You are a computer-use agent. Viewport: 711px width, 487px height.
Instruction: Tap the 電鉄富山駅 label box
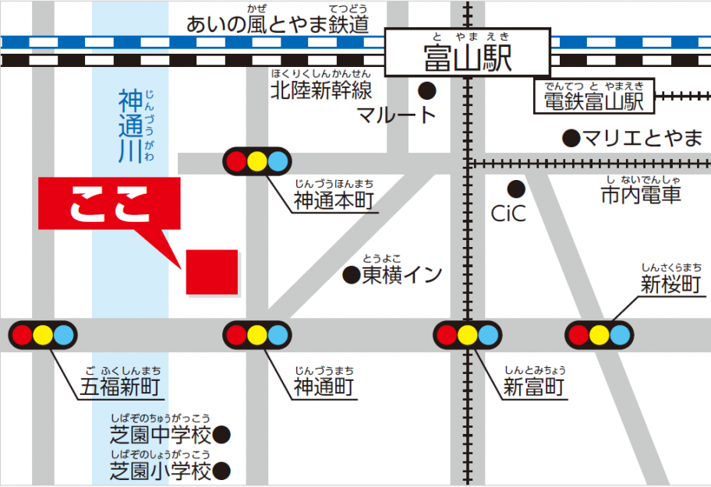(x=594, y=99)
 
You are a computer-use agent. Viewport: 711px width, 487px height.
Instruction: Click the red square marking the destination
(x=211, y=272)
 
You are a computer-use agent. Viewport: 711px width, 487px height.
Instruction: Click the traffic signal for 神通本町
(x=257, y=161)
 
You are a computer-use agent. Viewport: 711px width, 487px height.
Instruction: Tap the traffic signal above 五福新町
(x=43, y=336)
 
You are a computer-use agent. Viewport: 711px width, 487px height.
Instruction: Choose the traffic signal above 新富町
(x=467, y=336)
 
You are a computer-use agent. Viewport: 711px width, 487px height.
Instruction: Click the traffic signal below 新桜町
(x=599, y=336)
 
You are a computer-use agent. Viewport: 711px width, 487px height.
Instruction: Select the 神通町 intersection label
(x=324, y=386)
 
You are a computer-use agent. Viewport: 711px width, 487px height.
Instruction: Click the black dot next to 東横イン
(x=352, y=274)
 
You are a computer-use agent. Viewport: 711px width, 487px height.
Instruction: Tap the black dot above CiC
(x=515, y=188)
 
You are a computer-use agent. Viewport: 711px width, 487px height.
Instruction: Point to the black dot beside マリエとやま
(x=571, y=139)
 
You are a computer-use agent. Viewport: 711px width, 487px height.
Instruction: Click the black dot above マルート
(x=426, y=90)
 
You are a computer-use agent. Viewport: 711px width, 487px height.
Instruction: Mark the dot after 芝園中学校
(x=221, y=434)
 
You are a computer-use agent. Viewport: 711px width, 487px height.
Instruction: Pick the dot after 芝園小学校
(x=221, y=471)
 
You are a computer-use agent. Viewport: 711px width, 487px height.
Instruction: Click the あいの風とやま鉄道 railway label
(x=277, y=24)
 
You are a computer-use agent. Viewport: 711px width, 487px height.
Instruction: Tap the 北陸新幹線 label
(x=321, y=90)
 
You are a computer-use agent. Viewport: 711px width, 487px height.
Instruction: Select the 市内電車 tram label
(x=641, y=195)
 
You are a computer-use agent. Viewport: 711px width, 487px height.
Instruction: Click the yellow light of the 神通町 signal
(x=257, y=336)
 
